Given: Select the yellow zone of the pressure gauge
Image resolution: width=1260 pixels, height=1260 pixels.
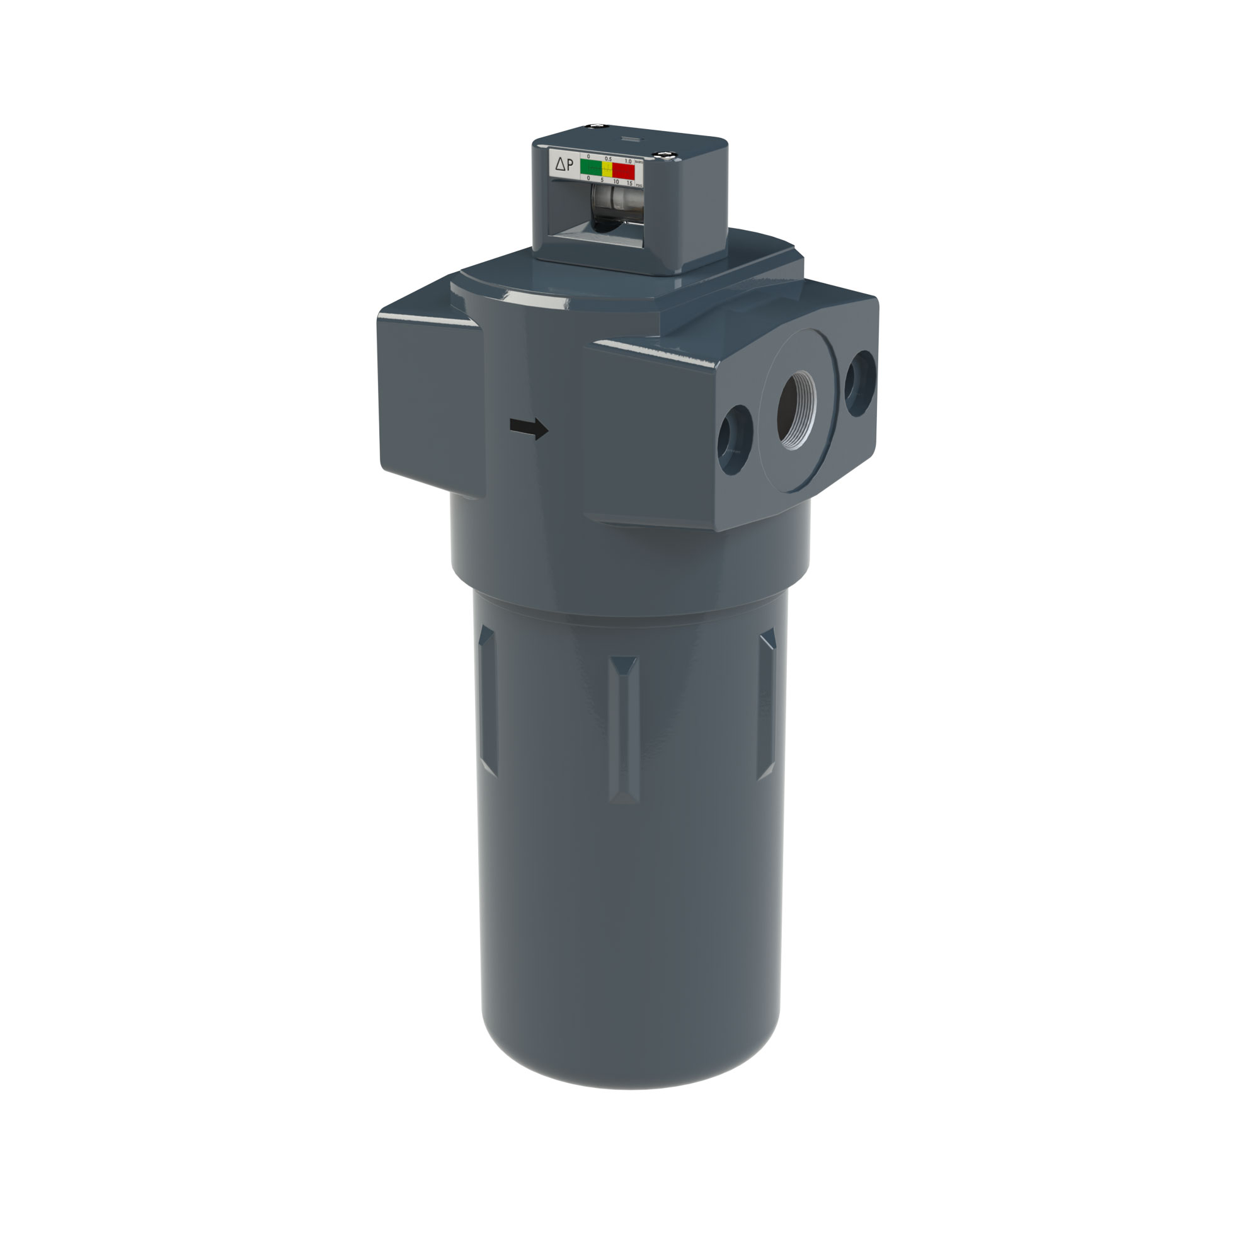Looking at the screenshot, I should (x=607, y=169).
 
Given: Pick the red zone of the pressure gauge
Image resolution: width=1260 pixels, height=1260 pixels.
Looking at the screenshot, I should (x=624, y=170).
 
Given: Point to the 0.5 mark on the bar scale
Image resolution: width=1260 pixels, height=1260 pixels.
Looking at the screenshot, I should (x=608, y=159).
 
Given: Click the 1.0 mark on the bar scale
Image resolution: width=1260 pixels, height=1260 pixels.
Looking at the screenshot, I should (x=628, y=161).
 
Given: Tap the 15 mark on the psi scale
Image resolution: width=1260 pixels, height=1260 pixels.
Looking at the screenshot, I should (x=629, y=183).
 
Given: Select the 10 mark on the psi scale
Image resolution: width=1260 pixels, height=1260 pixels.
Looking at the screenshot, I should (x=616, y=181).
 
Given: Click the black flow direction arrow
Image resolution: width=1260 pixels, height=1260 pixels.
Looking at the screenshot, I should (x=529, y=428).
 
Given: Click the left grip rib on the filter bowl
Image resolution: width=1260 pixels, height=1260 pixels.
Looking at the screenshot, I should (x=487, y=701).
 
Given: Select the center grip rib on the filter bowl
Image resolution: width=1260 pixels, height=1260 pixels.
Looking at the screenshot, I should (x=624, y=727).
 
